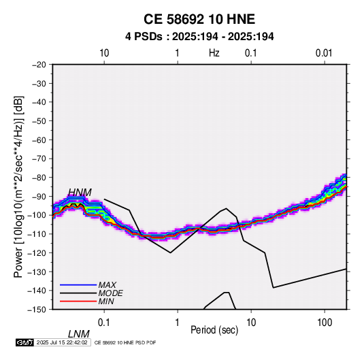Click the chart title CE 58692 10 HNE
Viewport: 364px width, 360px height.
[199, 19]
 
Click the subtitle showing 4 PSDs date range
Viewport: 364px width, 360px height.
[199, 37]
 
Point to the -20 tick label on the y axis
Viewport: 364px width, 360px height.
[39, 65]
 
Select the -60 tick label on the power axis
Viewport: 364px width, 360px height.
[39, 140]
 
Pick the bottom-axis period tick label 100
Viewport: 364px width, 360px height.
[325, 323]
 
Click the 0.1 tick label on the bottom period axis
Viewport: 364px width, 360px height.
[104, 323]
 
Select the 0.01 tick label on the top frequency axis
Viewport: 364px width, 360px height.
[324, 53]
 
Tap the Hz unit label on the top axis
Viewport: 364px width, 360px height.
[214, 53]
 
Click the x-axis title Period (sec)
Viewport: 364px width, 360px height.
[214, 330]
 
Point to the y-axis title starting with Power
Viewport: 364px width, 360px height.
[18, 187]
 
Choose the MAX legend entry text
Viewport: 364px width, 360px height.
[107, 284]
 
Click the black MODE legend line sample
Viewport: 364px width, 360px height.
[78, 293]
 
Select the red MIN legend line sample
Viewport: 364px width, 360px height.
[78, 301]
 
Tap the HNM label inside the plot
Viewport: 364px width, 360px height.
[80, 193]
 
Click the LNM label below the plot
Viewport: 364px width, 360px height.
[79, 334]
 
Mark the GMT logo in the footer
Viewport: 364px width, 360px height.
[24, 342]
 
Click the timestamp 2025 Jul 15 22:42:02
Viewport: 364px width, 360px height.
[62, 342]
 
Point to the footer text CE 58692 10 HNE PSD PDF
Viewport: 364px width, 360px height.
[125, 342]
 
